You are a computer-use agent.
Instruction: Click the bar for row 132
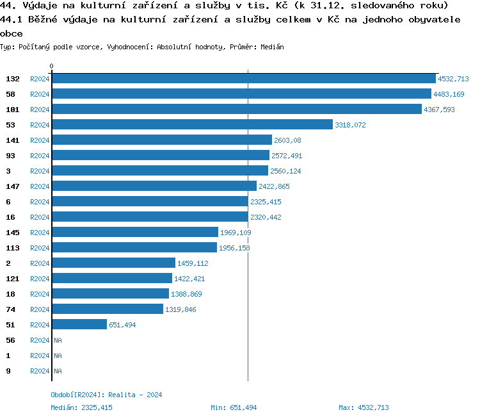[243, 79]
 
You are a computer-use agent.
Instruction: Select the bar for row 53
[192, 125]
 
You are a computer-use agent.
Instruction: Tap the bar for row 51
[79, 325]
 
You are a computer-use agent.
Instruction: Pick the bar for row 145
[135, 233]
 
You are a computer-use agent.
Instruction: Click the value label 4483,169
[449, 94]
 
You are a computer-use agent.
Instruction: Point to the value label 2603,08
[287, 140]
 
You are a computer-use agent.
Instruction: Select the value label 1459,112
[193, 263]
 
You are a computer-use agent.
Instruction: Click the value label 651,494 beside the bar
[122, 325]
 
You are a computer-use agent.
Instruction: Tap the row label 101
[13, 110]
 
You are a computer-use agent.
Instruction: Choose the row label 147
[13, 186]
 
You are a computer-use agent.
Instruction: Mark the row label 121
[13, 279]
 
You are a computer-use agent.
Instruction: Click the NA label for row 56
[58, 340]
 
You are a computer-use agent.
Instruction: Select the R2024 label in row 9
[40, 371]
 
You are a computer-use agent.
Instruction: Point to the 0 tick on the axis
[52, 66]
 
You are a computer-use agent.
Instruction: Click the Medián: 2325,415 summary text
[81, 407]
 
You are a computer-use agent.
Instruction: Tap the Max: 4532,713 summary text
[364, 407]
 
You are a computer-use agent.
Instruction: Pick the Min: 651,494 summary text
[234, 407]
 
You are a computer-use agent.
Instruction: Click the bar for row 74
[108, 309]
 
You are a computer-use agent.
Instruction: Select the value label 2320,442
[266, 217]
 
